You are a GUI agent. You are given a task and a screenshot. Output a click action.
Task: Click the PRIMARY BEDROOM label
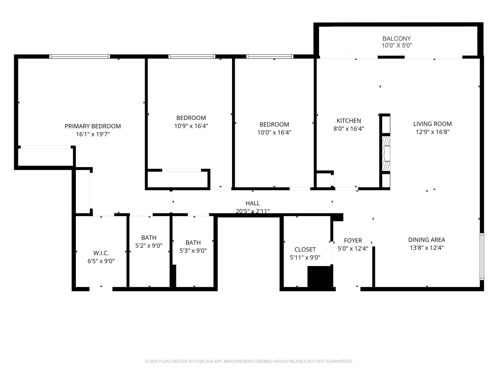tap(93, 126)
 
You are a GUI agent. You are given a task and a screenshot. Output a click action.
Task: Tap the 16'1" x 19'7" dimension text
tap(93, 134)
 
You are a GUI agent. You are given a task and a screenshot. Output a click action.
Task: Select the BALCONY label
tap(396, 38)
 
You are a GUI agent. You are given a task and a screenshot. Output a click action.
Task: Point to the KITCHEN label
tap(349, 121)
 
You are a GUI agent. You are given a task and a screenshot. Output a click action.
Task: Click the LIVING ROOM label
tap(432, 124)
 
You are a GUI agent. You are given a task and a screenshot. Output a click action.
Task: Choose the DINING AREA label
tap(426, 240)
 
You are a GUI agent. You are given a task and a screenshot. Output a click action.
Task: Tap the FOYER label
tap(353, 240)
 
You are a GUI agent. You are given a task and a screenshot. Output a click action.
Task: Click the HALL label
tap(252, 203)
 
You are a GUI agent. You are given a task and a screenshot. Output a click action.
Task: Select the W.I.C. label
tap(101, 253)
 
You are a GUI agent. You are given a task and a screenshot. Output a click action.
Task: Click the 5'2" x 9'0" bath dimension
tap(149, 246)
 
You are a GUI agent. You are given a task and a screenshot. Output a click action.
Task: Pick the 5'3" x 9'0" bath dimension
tap(193, 251)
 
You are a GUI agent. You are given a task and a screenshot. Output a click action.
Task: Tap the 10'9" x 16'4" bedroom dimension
tap(191, 126)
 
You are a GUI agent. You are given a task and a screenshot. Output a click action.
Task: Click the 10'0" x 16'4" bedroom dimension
tap(274, 132)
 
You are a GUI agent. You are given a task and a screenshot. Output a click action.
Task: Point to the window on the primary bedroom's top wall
tap(80, 56)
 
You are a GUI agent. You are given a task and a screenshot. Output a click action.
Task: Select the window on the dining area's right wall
tap(482, 256)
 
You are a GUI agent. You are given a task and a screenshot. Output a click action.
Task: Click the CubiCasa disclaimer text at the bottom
tap(249, 361)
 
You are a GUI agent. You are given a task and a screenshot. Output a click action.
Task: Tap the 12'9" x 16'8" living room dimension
tap(432, 132)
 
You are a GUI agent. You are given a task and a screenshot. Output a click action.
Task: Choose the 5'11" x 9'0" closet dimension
tap(305, 258)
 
